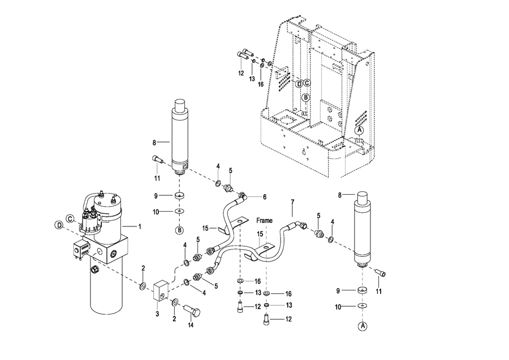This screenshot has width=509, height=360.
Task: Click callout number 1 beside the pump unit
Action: click(140, 226)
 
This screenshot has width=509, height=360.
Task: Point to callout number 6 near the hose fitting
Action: click(264, 197)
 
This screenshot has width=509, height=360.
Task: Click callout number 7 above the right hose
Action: click(292, 202)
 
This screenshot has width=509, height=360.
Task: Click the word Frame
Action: click(264, 220)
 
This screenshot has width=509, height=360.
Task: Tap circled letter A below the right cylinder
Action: click(362, 326)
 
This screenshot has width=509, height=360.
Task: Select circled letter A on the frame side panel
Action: click(359, 130)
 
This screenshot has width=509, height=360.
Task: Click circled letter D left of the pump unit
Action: click(59, 225)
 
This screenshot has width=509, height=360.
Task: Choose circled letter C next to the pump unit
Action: click(70, 218)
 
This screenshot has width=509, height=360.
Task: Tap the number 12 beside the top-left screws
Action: click(240, 73)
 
